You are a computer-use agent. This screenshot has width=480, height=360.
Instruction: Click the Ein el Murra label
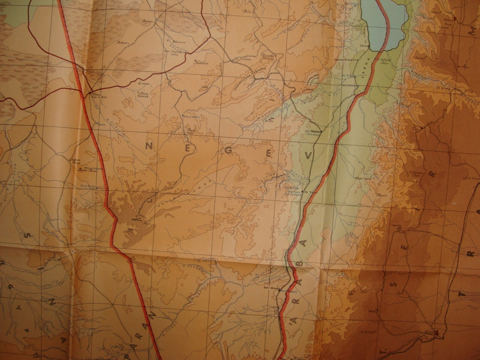(x=188, y=117)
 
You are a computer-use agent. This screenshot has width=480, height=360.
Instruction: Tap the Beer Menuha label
(x=278, y=288)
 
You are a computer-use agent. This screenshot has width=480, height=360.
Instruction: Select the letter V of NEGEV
(x=308, y=155)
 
